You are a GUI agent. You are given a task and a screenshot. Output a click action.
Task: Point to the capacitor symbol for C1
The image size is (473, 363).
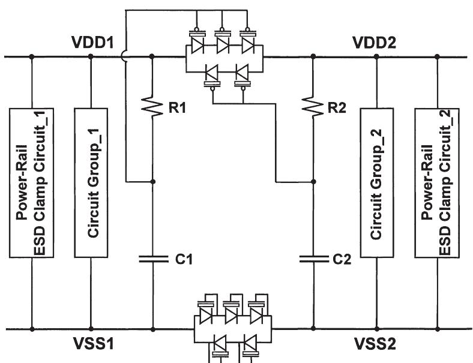tap(152, 259)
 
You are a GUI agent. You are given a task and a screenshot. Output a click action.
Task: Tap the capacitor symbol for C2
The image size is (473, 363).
tap(313, 259)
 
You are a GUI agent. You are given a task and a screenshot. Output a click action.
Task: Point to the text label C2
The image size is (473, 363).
tap(340, 259)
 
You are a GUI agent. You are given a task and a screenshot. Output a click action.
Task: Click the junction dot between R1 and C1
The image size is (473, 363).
tap(152, 181)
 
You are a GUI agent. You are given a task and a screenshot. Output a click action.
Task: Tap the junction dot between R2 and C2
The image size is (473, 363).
tap(313, 181)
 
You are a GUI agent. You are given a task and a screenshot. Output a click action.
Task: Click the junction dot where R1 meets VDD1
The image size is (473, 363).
tap(152, 57)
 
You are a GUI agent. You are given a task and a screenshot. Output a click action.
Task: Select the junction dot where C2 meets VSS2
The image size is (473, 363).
tap(313, 329)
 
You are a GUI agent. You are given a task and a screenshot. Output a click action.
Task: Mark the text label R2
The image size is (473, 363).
tap(337, 108)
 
